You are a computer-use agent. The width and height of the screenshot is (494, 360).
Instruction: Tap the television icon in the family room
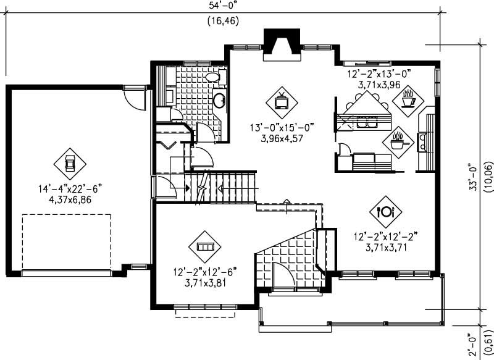click(x=282, y=101)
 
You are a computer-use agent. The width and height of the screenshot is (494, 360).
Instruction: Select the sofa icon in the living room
click(x=204, y=246)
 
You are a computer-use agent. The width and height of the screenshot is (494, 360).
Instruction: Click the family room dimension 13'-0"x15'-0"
click(x=282, y=128)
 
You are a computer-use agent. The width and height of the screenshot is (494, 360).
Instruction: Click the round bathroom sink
click(x=219, y=99)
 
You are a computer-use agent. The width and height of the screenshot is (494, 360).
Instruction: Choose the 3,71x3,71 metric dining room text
click(x=387, y=246)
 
